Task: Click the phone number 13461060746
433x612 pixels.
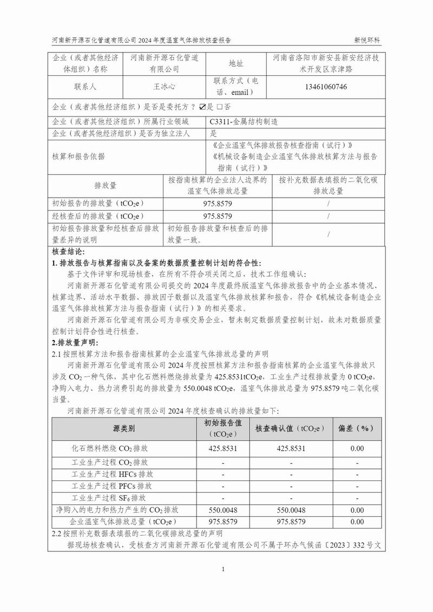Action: tap(326, 87)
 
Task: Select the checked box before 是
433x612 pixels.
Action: tap(202, 107)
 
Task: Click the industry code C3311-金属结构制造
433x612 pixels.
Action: tap(247, 122)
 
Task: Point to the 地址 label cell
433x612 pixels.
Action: tap(236, 64)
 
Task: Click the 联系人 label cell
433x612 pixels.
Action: tap(85, 87)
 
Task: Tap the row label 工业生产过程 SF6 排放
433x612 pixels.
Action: tap(109, 498)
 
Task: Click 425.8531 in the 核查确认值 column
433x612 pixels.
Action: tap(291, 449)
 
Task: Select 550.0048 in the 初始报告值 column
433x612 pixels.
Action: tap(223, 510)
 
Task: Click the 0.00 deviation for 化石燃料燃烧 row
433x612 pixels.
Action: tap(357, 449)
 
